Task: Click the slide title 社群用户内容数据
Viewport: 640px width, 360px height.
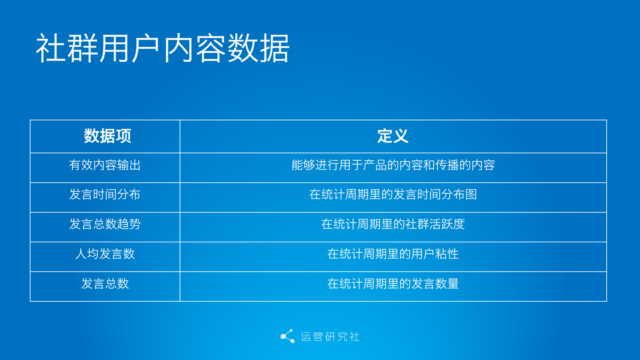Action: (x=162, y=48)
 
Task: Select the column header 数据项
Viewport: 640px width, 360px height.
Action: (x=108, y=136)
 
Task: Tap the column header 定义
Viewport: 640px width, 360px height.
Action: (x=393, y=136)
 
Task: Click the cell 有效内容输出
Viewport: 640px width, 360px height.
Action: (x=105, y=165)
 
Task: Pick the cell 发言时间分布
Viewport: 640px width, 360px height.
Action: (x=105, y=195)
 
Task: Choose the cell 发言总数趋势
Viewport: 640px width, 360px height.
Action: (x=105, y=224)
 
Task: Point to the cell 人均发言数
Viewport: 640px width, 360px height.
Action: (x=105, y=254)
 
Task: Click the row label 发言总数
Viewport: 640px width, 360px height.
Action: (x=105, y=284)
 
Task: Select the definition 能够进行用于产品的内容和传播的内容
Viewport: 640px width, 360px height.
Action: (x=393, y=165)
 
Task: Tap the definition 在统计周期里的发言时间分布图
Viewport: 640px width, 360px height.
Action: (x=393, y=195)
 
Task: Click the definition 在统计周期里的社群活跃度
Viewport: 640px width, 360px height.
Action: (x=393, y=224)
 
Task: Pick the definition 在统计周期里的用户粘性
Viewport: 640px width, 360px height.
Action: (x=393, y=254)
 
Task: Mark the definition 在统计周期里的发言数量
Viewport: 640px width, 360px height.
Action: (x=393, y=284)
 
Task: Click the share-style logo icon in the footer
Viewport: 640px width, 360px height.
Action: (x=288, y=336)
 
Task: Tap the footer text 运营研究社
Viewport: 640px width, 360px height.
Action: (x=330, y=337)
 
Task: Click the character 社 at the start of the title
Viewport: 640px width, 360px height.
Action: (x=51, y=48)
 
